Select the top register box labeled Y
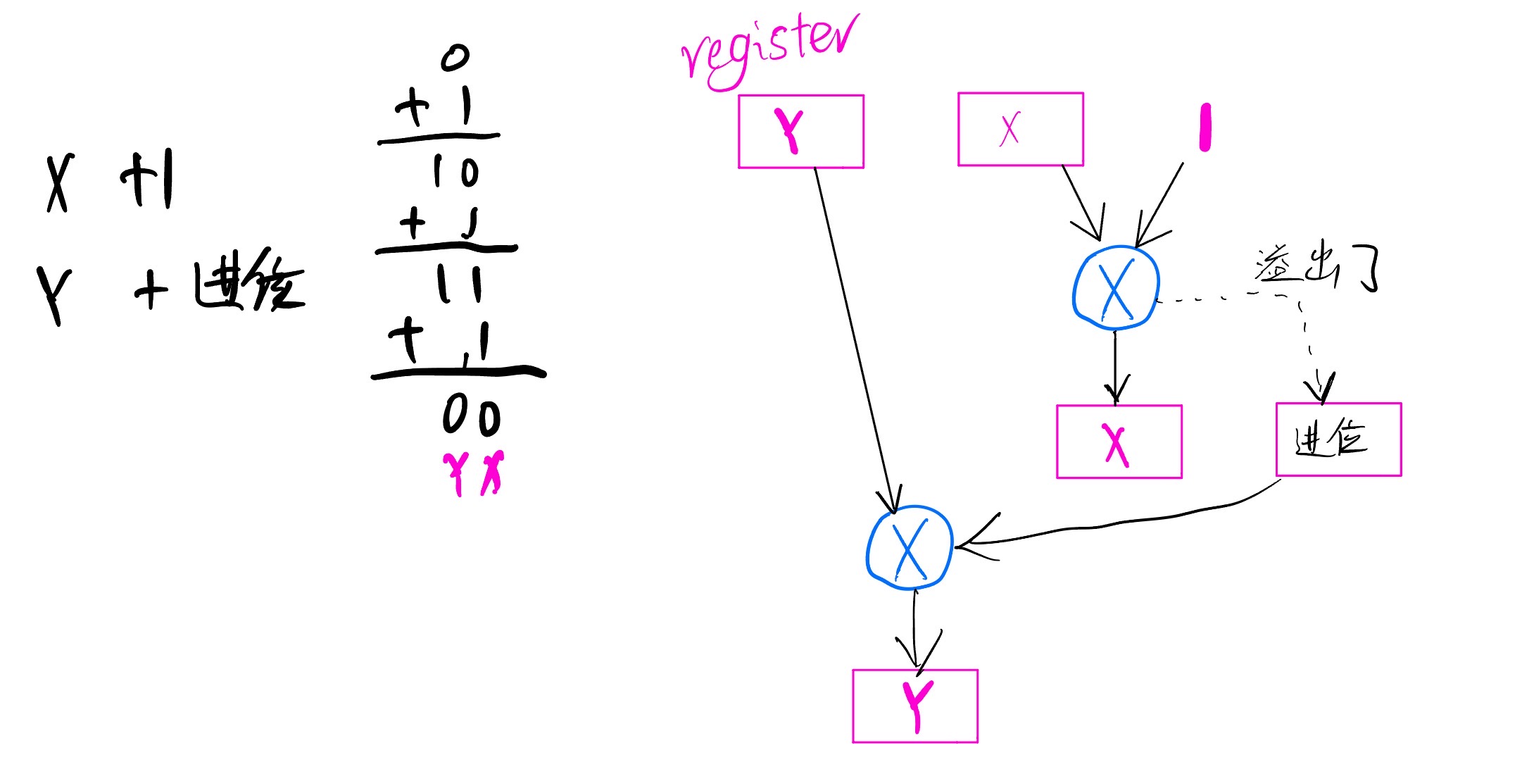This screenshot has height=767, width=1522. pos(800,132)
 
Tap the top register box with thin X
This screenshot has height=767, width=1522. pos(1020,130)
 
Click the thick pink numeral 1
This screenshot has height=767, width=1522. pos(1205,127)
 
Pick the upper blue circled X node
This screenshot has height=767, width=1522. pos(1116,287)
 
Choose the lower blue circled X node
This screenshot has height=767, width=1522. pos(910,547)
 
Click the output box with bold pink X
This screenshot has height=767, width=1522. pos(1119,442)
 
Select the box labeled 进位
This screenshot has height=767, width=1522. pos(1338,439)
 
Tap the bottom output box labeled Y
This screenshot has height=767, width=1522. pos(914,706)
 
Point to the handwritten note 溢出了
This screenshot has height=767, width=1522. pos(1315,268)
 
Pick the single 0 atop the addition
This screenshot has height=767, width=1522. pos(455,58)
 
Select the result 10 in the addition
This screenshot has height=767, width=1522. pos(456,172)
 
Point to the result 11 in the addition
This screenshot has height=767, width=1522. pos(459,285)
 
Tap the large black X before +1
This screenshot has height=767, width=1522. pos(60,183)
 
